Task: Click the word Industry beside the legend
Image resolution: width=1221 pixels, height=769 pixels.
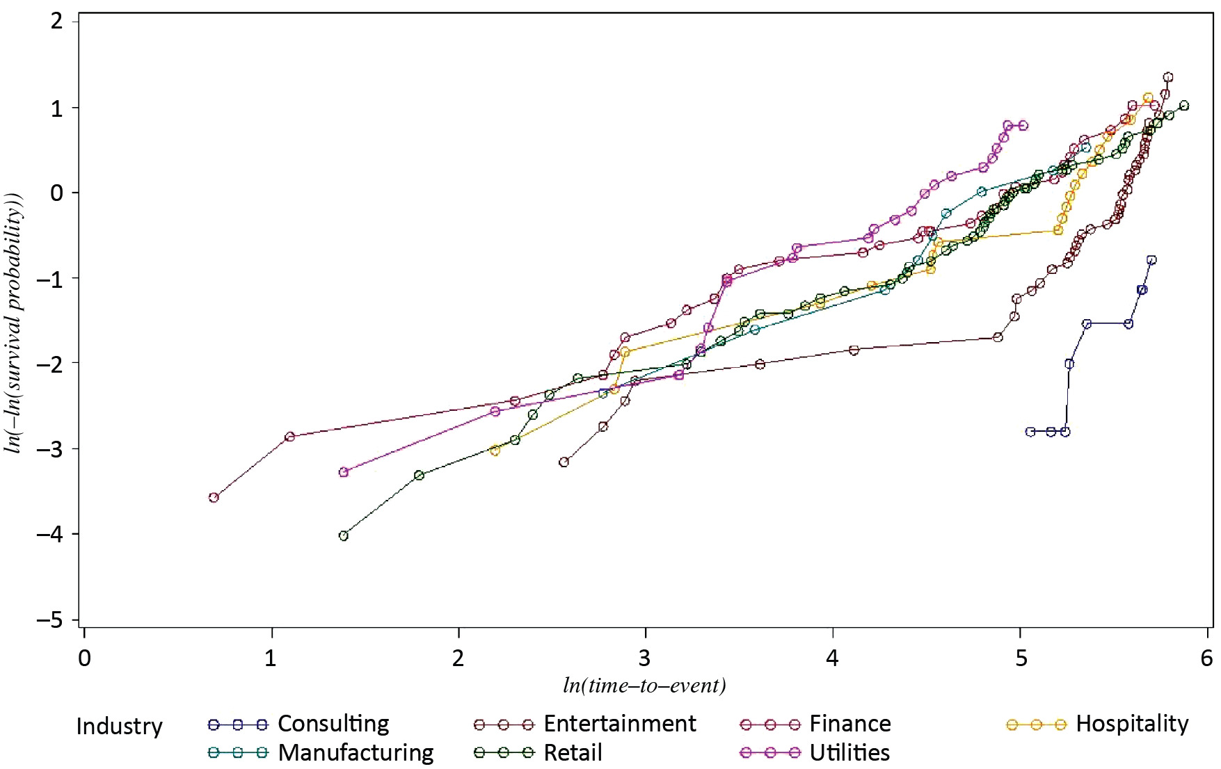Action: pyautogui.click(x=119, y=727)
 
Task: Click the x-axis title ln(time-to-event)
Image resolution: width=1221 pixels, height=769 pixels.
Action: pyautogui.click(x=644, y=686)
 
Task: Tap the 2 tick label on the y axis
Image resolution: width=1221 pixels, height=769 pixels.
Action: pyautogui.click(x=56, y=21)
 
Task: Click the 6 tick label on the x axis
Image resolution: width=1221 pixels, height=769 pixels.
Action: pyautogui.click(x=1207, y=658)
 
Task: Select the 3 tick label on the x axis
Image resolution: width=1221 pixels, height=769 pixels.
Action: pyautogui.click(x=645, y=658)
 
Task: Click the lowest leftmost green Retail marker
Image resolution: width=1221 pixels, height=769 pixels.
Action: pyautogui.click(x=343, y=535)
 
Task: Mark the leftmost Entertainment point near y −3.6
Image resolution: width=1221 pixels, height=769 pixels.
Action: pyautogui.click(x=214, y=497)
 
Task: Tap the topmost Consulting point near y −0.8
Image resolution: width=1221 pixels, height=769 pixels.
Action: pyautogui.click(x=1151, y=260)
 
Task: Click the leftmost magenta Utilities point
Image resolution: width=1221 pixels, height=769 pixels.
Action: pyautogui.click(x=343, y=472)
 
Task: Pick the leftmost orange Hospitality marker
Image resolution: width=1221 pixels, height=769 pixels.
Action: pyautogui.click(x=495, y=451)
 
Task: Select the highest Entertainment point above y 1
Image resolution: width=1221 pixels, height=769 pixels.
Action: pyautogui.click(x=1168, y=77)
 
